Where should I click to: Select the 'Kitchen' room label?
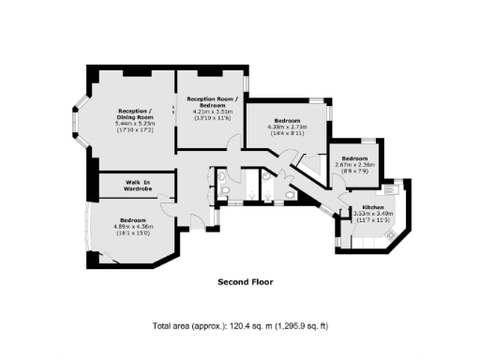click(360, 205)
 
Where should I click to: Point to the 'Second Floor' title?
click(245, 281)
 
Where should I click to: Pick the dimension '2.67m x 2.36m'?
click(355, 165)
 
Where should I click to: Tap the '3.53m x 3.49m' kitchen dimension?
click(360, 213)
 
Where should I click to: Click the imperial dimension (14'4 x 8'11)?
click(287, 134)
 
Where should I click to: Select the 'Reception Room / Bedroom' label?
click(213, 102)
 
